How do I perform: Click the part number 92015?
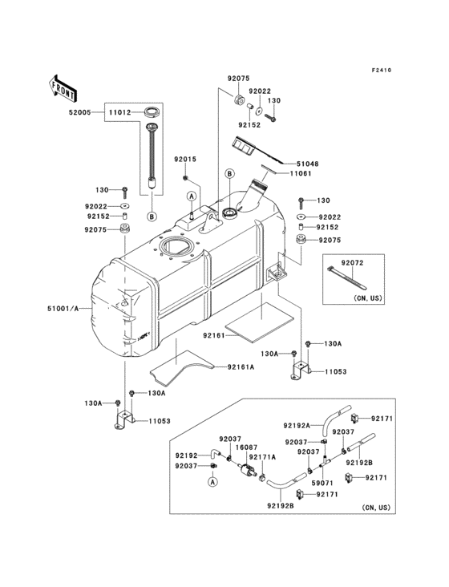coord(185,159)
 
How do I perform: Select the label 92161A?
coord(240,367)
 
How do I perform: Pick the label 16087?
coord(245,447)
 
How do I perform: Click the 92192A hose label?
coord(297,426)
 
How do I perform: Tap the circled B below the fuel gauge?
coord(150,217)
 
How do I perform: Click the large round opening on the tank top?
coord(176,247)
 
